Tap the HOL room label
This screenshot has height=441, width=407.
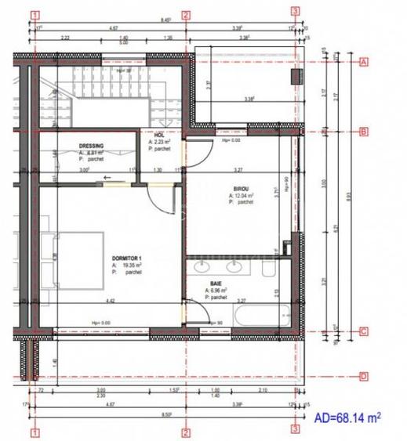coord(159,134)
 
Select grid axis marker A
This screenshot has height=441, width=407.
coord(363,62)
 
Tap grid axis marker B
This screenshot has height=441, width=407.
coord(363,132)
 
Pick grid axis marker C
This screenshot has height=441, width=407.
coord(363,331)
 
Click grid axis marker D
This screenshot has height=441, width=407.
coord(363,376)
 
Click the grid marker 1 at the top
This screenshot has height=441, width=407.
coord(35,13)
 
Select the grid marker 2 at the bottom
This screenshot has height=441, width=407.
coord(186,430)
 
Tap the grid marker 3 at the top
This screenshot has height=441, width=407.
coord(295,12)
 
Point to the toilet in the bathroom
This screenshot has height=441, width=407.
coord(269,270)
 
